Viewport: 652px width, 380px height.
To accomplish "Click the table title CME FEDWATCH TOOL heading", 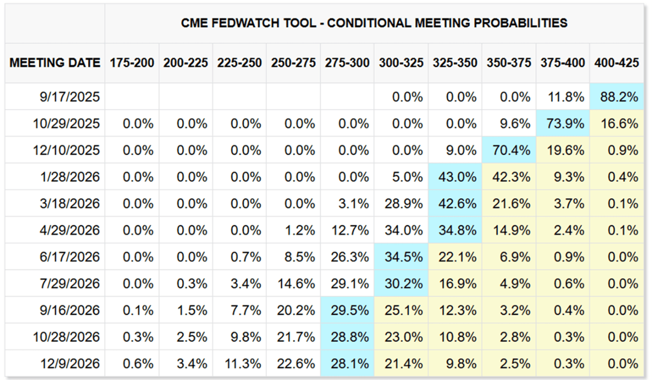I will point(374,23).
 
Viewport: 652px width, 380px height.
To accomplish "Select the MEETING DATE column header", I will point(55,63).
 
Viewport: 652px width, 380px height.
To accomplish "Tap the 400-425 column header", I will point(616,63).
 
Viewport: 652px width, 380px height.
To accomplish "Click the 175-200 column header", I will point(132,63).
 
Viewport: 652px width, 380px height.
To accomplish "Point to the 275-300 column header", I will point(347,63).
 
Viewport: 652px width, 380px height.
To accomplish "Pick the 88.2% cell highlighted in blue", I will point(616,97).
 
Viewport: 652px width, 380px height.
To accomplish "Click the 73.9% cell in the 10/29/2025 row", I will point(563,123).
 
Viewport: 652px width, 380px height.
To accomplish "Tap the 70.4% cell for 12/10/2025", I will point(509,150).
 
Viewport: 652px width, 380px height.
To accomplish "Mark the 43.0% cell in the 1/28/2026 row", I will point(455,177).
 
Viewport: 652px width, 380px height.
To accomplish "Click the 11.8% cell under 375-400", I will point(563,97).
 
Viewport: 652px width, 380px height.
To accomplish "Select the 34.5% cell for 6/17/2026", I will point(401,257).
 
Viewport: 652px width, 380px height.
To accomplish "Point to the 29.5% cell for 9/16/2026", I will point(347,310).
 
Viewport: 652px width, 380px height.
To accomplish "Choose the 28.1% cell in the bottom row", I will point(347,363).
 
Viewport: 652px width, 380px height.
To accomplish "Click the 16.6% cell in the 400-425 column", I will point(616,123).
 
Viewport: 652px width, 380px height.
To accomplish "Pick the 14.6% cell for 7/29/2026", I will point(293,284).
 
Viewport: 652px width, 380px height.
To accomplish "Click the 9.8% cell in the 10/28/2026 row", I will point(239,337).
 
